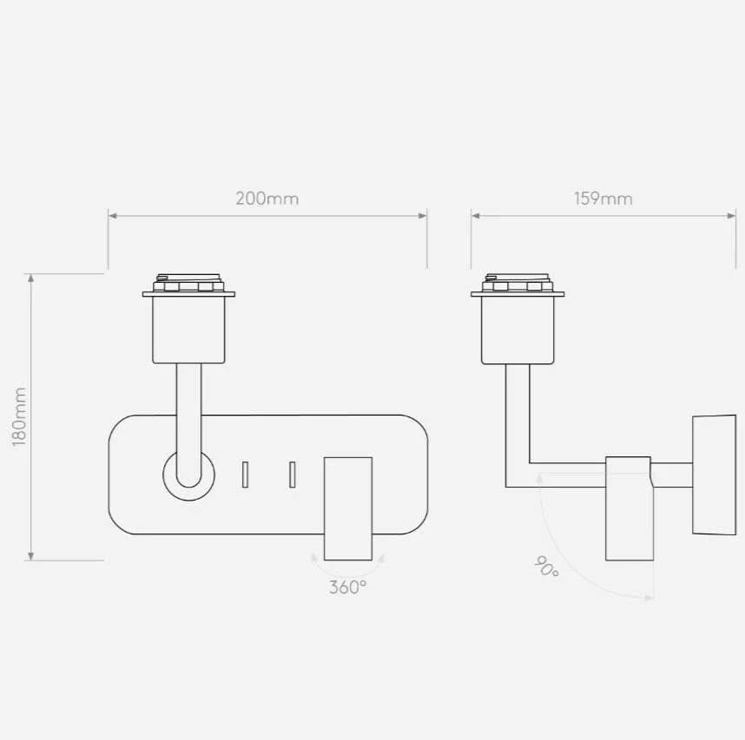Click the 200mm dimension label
coord(267,199)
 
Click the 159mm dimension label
coord(603,199)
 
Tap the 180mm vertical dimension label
coord(19,416)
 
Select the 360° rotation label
coord(348,587)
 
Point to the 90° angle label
coord(546,566)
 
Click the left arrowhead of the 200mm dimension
coord(113,216)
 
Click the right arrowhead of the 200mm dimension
coord(422,216)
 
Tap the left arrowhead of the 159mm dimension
coord(476,216)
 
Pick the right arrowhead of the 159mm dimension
coord(731,216)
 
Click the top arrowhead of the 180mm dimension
coord(31,278)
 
